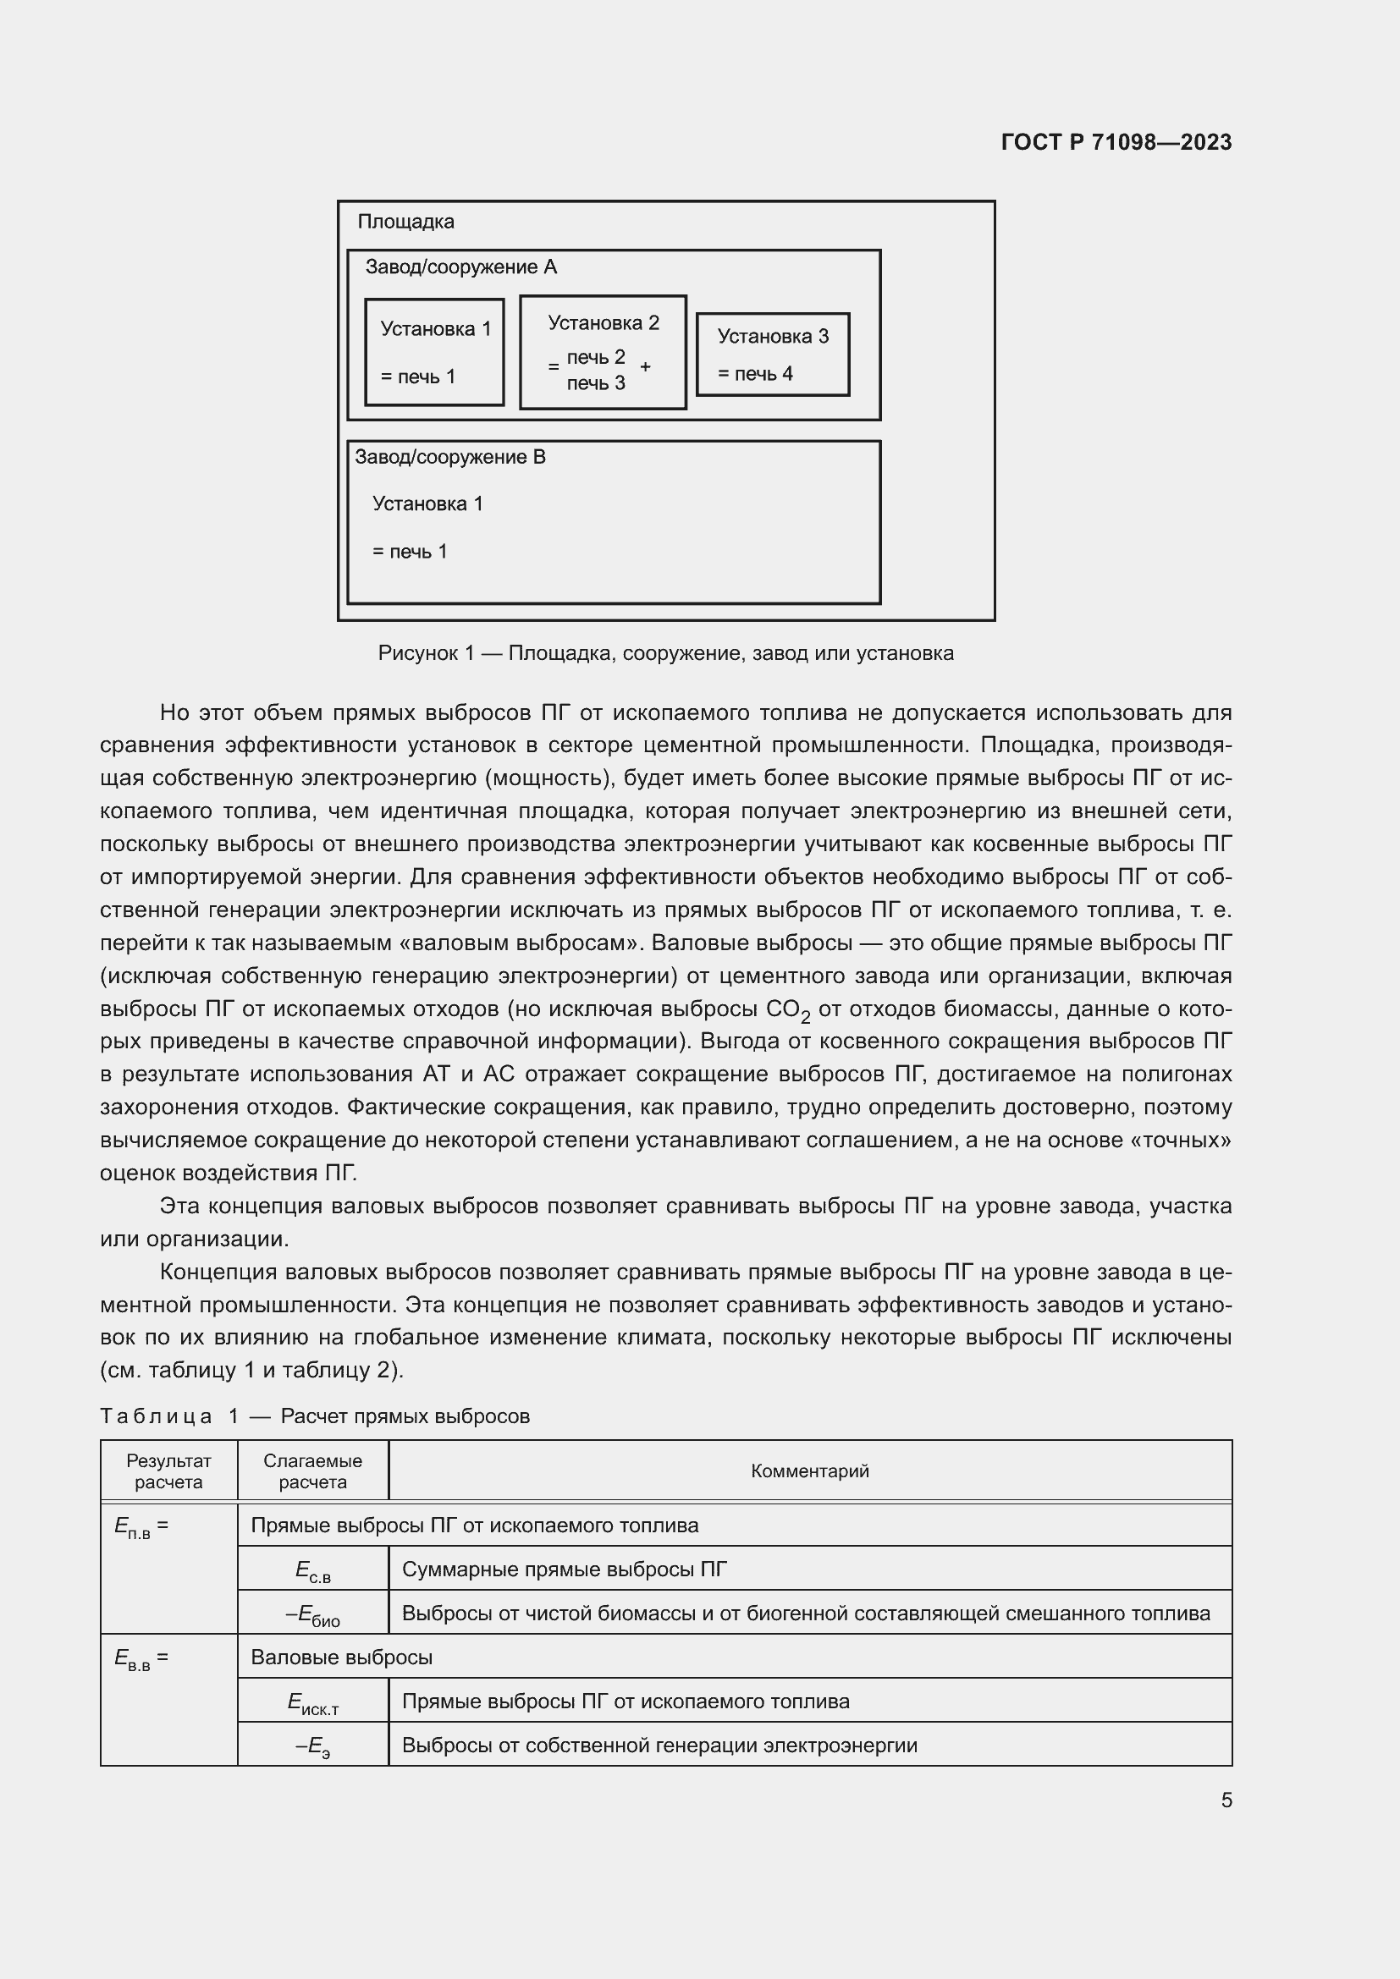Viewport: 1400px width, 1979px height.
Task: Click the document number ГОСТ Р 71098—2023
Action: tap(1116, 142)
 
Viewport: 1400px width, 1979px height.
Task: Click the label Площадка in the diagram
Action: tap(405, 222)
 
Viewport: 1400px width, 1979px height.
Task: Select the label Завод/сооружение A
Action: tap(461, 267)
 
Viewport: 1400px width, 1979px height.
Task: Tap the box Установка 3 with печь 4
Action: tap(773, 355)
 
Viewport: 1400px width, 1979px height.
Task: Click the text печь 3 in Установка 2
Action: tap(596, 383)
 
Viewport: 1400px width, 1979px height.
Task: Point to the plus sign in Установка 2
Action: tap(646, 366)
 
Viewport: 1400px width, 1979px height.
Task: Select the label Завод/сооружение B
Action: tap(450, 457)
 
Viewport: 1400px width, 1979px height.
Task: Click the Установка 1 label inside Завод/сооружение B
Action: tap(427, 503)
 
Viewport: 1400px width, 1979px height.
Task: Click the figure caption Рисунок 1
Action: tap(665, 653)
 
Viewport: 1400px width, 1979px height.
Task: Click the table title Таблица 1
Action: tap(315, 1416)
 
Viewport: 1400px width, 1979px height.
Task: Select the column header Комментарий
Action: tap(809, 1471)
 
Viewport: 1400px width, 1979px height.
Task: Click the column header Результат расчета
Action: tap(169, 1471)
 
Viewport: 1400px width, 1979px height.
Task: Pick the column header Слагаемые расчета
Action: tap(313, 1471)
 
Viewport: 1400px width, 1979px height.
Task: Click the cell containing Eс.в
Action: tap(313, 1571)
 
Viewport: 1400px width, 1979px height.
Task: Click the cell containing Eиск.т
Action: tap(313, 1702)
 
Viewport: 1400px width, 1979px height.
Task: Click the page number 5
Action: tap(1226, 1800)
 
